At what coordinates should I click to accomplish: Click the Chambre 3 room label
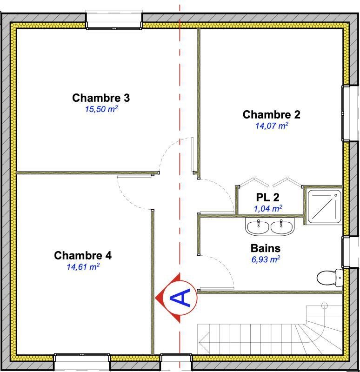point(101,98)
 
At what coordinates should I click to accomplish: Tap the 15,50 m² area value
point(101,109)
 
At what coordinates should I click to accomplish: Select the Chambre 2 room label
point(271,114)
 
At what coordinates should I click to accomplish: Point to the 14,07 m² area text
point(272,126)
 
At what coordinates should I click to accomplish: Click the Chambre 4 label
point(83,255)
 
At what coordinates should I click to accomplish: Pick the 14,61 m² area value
point(83,266)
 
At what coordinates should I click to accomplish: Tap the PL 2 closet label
point(268,197)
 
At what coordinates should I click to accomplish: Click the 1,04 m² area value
point(268,208)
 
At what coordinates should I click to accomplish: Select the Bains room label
point(265,248)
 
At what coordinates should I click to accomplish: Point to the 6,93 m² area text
point(266,259)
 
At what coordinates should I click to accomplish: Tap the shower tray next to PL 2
point(324,206)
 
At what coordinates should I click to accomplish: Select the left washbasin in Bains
point(258,227)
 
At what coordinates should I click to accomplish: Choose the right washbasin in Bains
point(282,227)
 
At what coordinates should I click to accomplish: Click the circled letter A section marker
point(180,298)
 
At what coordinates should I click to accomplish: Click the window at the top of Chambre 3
point(114,20)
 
